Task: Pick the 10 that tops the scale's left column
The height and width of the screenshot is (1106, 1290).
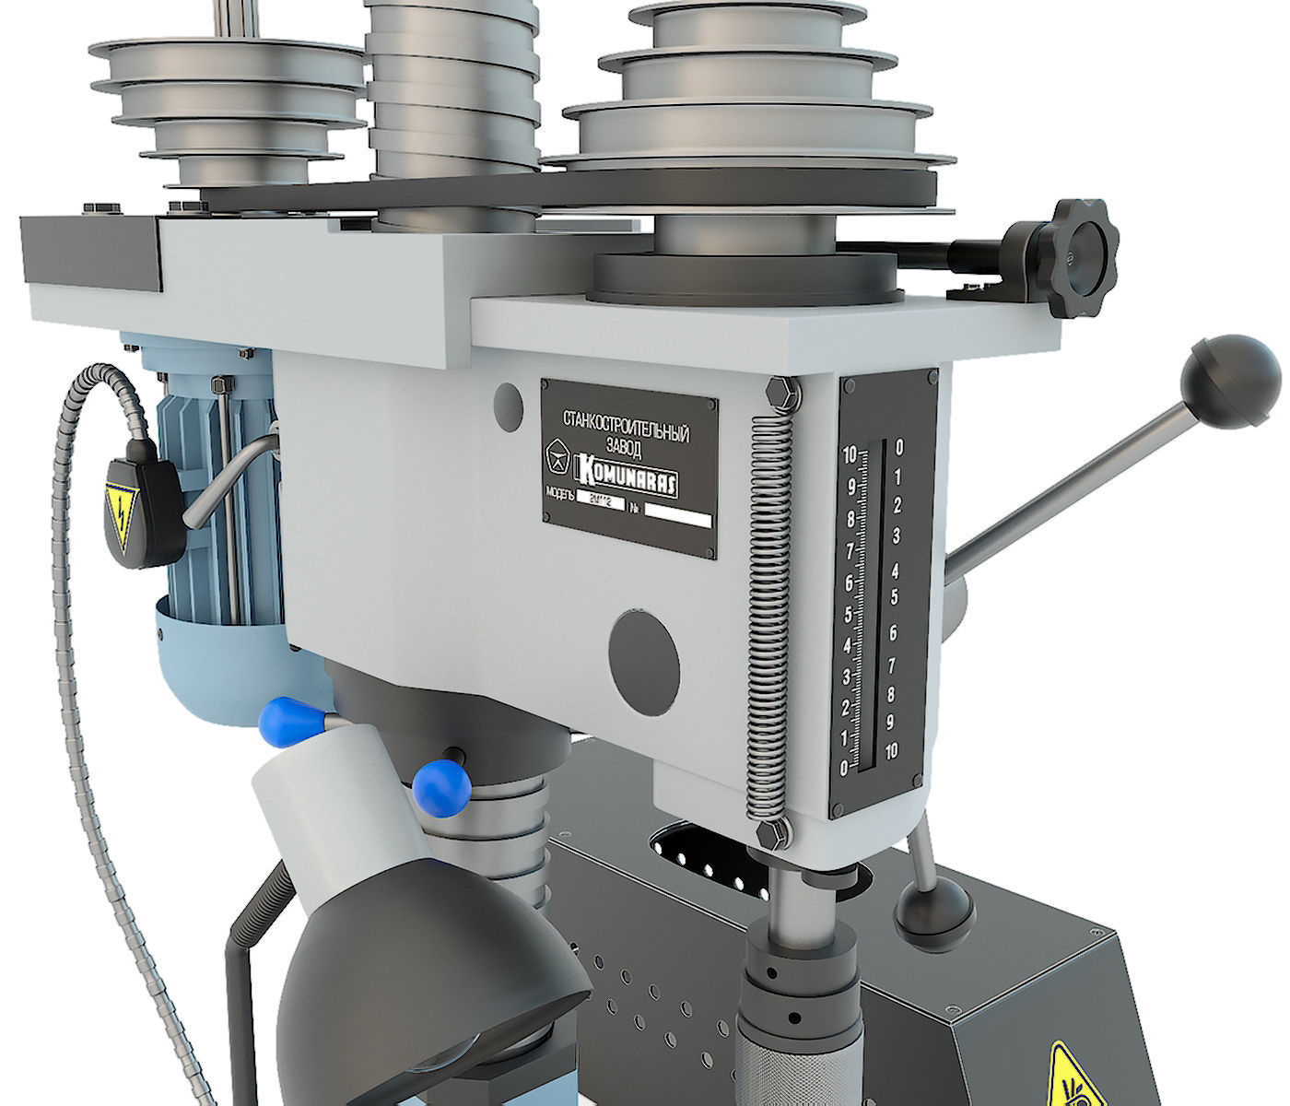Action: pyautogui.click(x=850, y=453)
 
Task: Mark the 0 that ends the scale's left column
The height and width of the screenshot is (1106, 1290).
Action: pyautogui.click(x=846, y=768)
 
